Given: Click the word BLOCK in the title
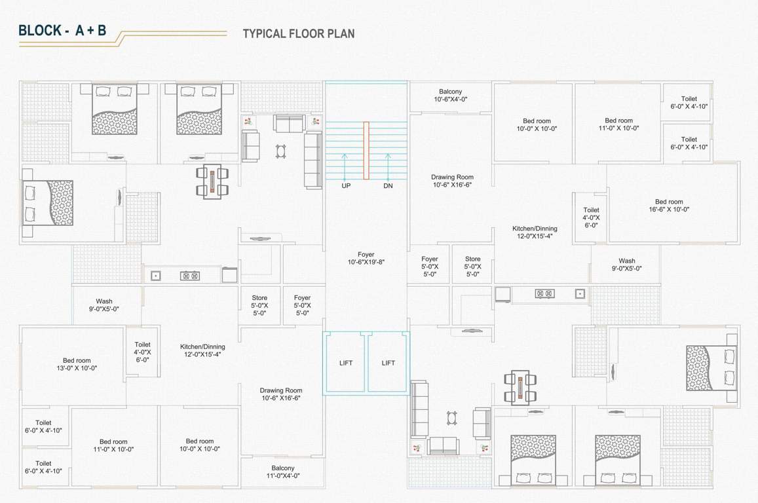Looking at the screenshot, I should pyautogui.click(x=40, y=30).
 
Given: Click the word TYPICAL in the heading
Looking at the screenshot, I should pyautogui.click(x=264, y=33).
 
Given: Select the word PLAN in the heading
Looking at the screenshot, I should pyautogui.click(x=342, y=33).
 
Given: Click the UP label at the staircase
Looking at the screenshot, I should pyautogui.click(x=346, y=186).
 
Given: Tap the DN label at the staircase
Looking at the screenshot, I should pyautogui.click(x=388, y=186).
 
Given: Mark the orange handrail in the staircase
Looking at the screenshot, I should pyautogui.click(x=367, y=150).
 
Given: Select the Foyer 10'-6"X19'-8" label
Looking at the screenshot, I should pyautogui.click(x=366, y=258).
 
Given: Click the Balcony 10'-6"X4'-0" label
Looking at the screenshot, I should pyautogui.click(x=450, y=96).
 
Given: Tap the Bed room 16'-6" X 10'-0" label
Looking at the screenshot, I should pyautogui.click(x=668, y=206).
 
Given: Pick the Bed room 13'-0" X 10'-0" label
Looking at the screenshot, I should pyautogui.click(x=77, y=364).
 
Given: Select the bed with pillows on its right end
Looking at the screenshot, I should pyautogui.click(x=710, y=367).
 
